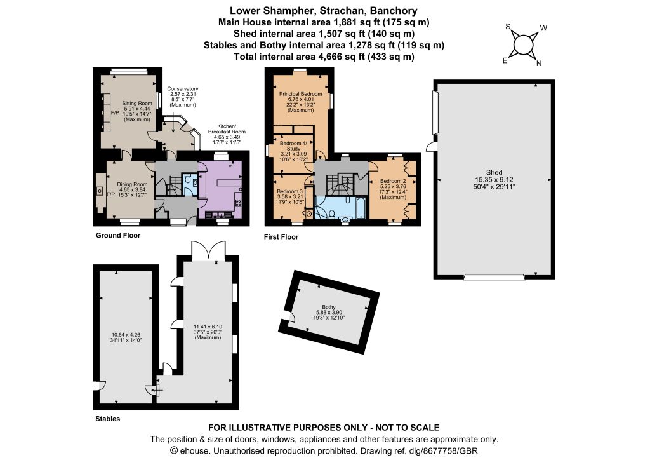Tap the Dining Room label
(132, 184)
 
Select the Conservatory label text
(183, 89)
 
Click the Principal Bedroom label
(300, 94)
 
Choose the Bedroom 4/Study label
(293, 146)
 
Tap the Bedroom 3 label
(290, 191)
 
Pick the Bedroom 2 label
(393, 181)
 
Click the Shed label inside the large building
(494, 172)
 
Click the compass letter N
(539, 64)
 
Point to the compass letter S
(508, 27)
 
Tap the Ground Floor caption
(118, 235)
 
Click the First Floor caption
(281, 237)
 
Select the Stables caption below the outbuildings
(108, 419)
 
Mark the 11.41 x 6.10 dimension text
(208, 327)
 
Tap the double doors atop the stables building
(208, 251)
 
